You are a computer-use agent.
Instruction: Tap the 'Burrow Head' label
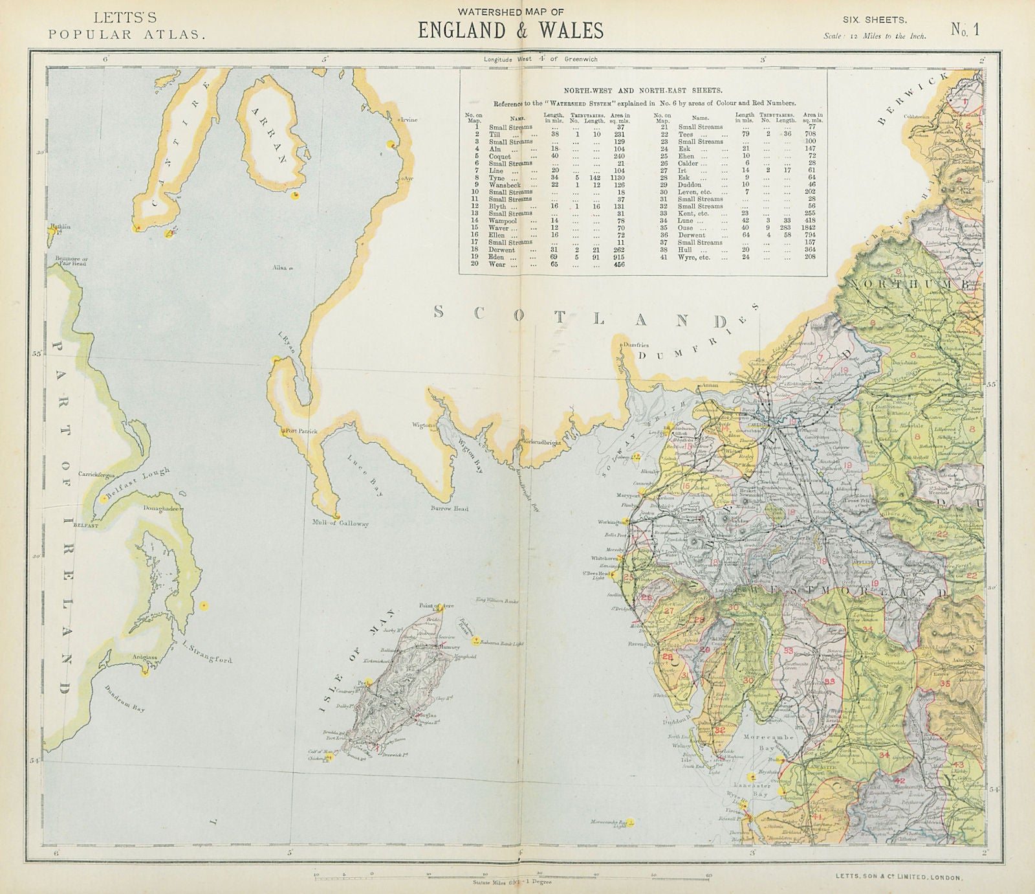point(450,509)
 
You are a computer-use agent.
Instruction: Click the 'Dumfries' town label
point(635,345)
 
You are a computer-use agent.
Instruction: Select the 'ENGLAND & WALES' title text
point(510,30)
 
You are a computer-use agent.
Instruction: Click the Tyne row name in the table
point(497,177)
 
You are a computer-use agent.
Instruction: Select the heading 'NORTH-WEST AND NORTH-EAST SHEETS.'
point(642,92)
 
